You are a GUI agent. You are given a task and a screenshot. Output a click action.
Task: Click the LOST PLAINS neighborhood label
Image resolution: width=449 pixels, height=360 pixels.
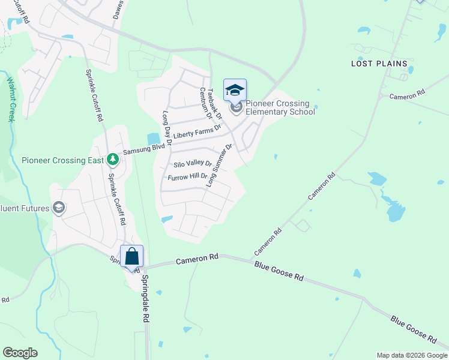pos(379,64)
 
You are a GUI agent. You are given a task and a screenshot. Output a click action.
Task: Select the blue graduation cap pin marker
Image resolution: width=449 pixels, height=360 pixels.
pos(235,91)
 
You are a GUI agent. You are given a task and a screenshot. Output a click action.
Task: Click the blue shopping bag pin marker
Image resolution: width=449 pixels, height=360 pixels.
pos(132,257)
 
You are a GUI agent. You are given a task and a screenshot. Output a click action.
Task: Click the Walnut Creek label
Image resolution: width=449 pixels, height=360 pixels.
pos(11,99)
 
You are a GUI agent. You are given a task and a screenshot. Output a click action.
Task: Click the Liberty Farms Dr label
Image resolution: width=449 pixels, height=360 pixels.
pos(197,132)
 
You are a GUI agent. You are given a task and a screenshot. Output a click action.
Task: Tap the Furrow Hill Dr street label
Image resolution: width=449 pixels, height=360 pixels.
pos(187,177)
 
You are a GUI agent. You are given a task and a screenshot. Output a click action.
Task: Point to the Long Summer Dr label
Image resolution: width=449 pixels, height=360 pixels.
pos(219,166)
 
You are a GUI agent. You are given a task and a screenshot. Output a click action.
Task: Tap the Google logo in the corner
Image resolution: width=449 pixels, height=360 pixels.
pos(20,353)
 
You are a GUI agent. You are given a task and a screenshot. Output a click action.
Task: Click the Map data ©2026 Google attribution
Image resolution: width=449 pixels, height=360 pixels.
pos(411,355)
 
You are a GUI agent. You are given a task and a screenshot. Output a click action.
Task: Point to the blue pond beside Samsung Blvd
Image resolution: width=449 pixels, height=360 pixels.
pos(154,139)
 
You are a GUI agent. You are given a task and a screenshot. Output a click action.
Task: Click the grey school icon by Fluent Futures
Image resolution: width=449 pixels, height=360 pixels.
pos(59,208)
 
